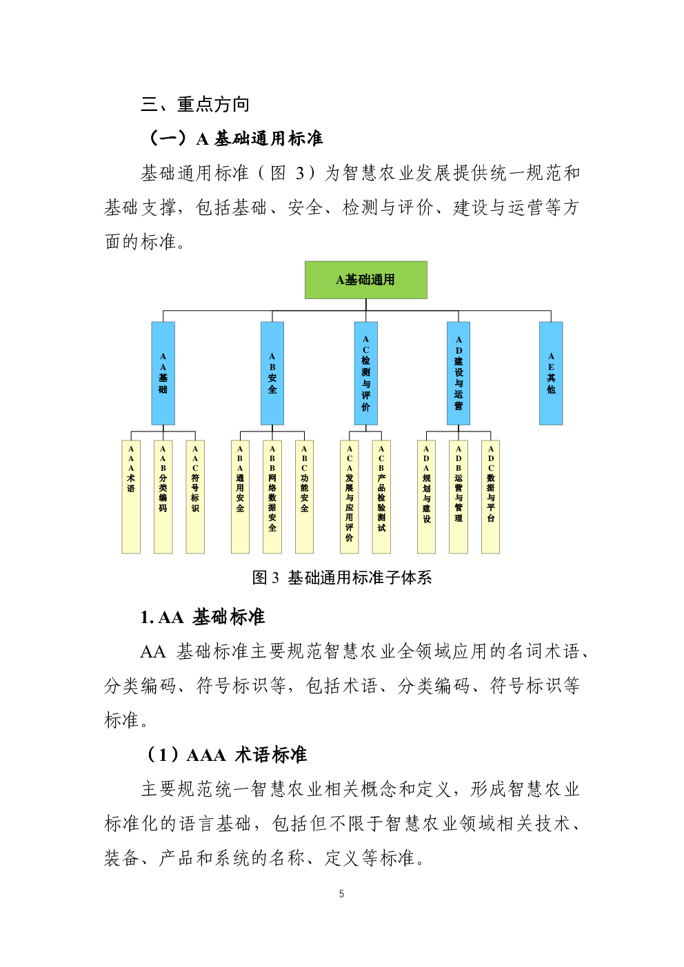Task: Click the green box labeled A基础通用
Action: click(x=365, y=280)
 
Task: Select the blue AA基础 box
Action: click(x=163, y=374)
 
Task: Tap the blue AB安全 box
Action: click(x=272, y=374)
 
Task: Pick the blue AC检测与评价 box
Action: click(x=365, y=374)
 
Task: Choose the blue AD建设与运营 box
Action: click(x=458, y=374)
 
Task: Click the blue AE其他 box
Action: click(x=551, y=374)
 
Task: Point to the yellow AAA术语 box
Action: click(x=131, y=497)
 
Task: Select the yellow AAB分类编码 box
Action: click(x=163, y=497)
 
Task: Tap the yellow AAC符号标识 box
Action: click(x=195, y=497)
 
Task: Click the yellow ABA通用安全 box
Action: click(x=240, y=497)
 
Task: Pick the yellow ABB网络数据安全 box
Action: click(x=272, y=497)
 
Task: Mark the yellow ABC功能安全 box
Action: click(x=305, y=497)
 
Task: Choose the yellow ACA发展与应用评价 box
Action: click(x=350, y=497)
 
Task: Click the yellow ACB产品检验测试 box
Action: click(x=381, y=497)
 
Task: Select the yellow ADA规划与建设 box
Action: click(x=426, y=497)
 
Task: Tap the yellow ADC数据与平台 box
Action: click(x=490, y=497)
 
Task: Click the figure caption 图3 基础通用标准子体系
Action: click(x=342, y=578)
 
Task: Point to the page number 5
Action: click(x=341, y=894)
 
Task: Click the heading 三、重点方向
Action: click(x=195, y=105)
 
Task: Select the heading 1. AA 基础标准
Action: click(x=203, y=617)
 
